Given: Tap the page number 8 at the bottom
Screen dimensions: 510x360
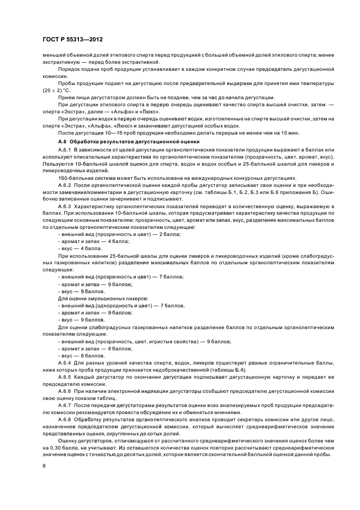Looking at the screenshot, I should point(44,465).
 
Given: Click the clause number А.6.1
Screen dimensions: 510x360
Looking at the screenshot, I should point(65,149).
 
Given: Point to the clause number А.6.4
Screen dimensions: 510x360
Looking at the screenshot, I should point(65,362).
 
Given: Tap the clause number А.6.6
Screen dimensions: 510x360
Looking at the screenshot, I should point(65,391).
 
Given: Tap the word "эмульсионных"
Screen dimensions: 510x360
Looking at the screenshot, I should point(98,299).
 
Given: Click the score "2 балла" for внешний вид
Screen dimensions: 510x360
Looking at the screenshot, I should point(168,234).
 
